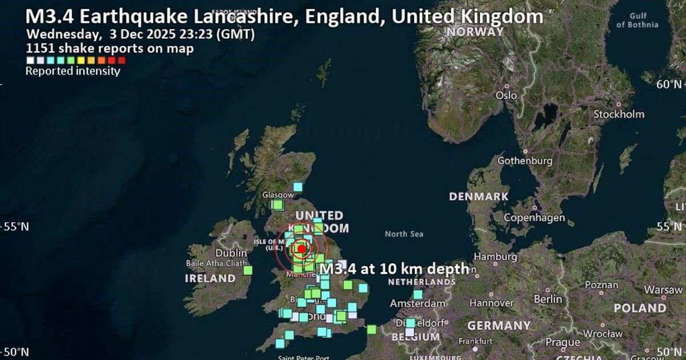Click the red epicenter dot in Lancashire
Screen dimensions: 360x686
[x=301, y=249]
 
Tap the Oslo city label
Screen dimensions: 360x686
[x=506, y=95]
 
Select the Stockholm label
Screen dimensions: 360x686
[x=619, y=114]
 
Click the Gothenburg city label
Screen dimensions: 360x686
[x=525, y=161]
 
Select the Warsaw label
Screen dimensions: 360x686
[x=663, y=290]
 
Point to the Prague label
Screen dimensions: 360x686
[x=563, y=342]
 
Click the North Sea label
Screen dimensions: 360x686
[x=404, y=234]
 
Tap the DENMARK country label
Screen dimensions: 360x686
[x=478, y=197]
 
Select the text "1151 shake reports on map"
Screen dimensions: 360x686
[x=110, y=49]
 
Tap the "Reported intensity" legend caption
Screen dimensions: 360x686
[x=73, y=71]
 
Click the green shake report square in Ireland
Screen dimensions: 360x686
[x=248, y=270]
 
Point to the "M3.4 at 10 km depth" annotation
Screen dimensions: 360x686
[x=394, y=269]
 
